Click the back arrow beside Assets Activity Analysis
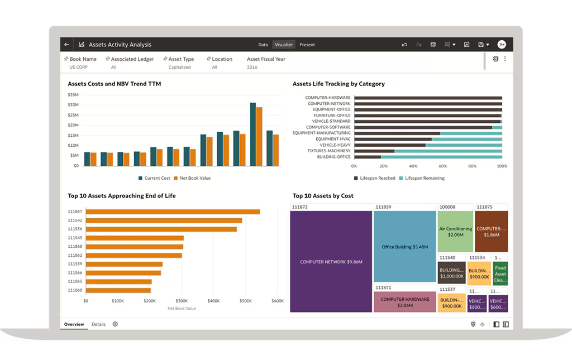point(67,45)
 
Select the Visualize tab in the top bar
point(284,45)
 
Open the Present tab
point(307,45)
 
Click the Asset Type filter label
point(181,59)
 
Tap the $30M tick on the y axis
point(73,104)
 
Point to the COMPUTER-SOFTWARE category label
point(328,127)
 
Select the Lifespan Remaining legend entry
point(425,178)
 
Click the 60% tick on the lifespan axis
point(443,166)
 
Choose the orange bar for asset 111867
point(173,212)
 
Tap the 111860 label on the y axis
point(75,290)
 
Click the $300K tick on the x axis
point(182,301)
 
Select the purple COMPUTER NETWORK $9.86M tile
point(331,262)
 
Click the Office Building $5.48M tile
point(405,247)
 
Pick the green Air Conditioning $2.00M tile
point(455,231)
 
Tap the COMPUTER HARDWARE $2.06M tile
point(405,302)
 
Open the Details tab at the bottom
point(98,324)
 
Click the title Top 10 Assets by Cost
point(323,196)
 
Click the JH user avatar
point(501,45)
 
